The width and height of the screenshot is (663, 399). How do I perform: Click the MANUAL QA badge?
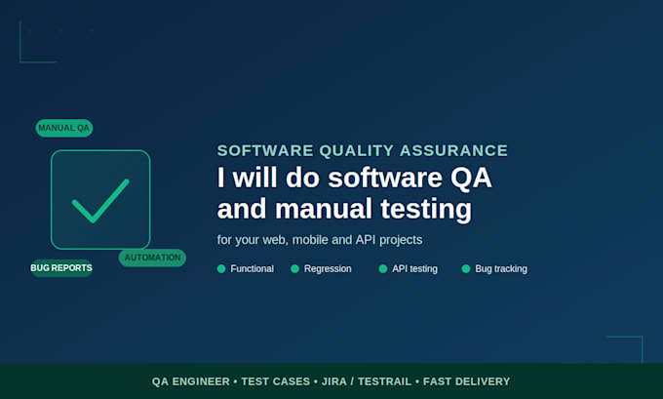click(64, 128)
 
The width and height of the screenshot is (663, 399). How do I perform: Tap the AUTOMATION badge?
click(152, 258)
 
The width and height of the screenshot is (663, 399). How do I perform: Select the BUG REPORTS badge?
click(61, 268)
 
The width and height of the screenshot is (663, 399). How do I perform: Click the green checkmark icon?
click(100, 201)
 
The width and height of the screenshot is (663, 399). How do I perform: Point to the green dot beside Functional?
click(221, 268)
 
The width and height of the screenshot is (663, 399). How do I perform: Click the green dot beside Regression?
click(294, 268)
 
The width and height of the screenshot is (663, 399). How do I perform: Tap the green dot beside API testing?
click(382, 268)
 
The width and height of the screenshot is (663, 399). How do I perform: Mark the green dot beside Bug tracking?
click(466, 268)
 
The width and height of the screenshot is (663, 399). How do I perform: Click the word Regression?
click(328, 268)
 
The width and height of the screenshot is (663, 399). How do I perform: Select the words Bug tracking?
click(501, 268)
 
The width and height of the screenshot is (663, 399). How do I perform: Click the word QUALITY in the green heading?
click(357, 150)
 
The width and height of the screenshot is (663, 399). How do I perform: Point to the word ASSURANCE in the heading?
click(453, 150)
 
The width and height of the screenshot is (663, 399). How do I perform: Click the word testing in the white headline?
click(426, 210)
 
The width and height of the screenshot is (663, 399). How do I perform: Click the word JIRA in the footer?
click(334, 381)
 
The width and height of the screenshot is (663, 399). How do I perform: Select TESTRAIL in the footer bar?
click(384, 381)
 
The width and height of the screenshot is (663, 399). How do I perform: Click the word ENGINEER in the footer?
click(201, 381)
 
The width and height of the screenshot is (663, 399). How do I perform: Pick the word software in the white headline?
click(385, 178)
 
